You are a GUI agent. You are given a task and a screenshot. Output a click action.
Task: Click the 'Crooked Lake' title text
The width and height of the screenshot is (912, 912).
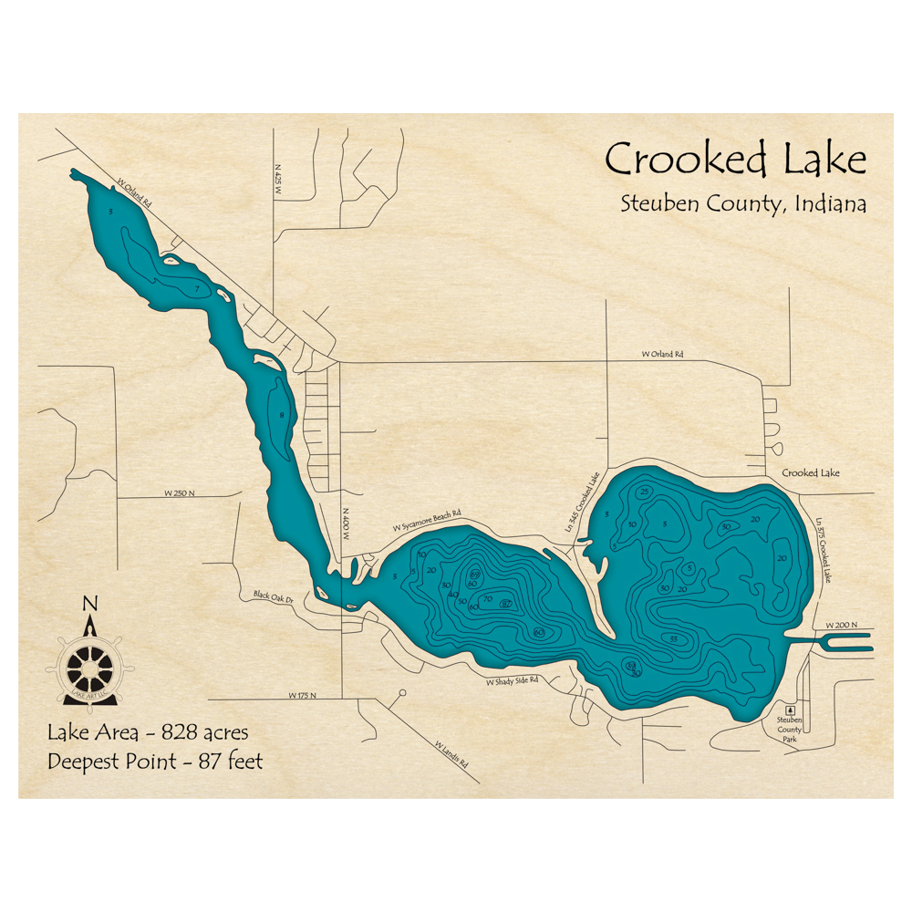click(735, 160)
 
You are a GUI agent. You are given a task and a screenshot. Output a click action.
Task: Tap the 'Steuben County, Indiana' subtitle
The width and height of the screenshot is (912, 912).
click(743, 203)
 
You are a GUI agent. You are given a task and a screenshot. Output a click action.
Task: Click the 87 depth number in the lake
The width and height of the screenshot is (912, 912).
click(506, 604)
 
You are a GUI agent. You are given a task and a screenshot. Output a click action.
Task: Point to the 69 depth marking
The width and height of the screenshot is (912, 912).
click(475, 573)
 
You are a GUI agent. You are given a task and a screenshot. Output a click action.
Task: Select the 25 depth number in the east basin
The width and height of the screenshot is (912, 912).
click(645, 492)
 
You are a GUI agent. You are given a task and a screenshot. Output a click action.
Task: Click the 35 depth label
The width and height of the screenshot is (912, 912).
click(674, 638)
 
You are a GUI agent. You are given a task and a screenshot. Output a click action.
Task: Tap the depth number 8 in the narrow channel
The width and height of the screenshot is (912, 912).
click(282, 416)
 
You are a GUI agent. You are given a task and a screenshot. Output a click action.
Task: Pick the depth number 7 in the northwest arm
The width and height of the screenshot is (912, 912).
click(197, 289)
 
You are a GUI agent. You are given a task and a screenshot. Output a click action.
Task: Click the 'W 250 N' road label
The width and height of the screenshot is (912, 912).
click(181, 493)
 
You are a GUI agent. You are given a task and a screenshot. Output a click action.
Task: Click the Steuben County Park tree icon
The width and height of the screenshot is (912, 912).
click(790, 709)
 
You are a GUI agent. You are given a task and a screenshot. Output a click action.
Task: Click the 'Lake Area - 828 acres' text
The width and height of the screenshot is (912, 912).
click(148, 731)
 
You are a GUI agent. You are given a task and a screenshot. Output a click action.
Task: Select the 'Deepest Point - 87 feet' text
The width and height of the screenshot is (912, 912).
click(155, 761)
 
